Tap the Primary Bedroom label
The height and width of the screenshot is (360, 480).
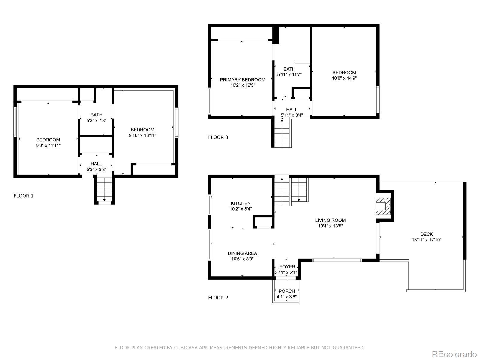242,80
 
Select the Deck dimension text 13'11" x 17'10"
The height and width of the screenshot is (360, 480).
426,240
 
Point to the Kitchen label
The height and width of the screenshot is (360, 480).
241,203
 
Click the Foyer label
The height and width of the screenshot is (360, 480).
287,267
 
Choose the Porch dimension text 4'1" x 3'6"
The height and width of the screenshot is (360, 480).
287,297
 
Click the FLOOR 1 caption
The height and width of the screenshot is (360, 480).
24,196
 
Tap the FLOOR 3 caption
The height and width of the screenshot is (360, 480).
218,137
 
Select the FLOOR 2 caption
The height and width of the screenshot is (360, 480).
218,298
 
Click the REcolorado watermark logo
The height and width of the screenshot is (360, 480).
454,354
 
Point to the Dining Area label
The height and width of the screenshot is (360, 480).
242,253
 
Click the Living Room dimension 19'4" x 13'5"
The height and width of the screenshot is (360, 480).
330,226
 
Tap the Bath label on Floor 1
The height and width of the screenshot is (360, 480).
96,115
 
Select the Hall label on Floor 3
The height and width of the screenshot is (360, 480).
292,109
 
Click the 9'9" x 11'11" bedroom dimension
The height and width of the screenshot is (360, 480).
48,145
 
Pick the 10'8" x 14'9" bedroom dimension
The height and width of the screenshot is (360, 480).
344,78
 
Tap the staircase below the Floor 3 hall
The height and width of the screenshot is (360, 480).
282,133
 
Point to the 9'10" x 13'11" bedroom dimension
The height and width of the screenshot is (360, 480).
142,135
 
